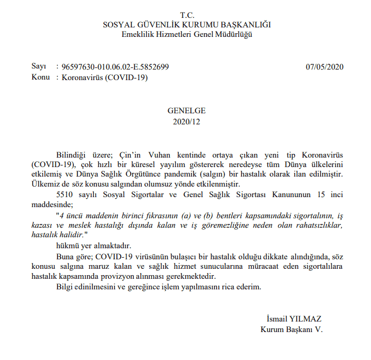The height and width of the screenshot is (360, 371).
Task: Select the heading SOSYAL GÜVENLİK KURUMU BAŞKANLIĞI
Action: [x=187, y=25]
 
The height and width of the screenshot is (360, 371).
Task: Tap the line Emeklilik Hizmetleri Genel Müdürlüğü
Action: [x=187, y=34]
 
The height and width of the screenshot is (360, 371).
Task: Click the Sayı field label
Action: [x=39, y=67]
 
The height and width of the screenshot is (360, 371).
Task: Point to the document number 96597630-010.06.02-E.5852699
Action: [x=115, y=67]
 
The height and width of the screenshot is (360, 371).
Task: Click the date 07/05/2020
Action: [x=325, y=67]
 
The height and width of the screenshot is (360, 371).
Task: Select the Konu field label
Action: [x=41, y=77]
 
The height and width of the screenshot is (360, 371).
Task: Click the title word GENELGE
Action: [x=187, y=111]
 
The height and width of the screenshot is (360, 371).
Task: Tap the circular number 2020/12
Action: [x=187, y=121]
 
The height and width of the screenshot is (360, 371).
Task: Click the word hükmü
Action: [x=67, y=246]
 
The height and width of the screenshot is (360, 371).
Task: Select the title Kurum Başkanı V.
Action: [x=291, y=329]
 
